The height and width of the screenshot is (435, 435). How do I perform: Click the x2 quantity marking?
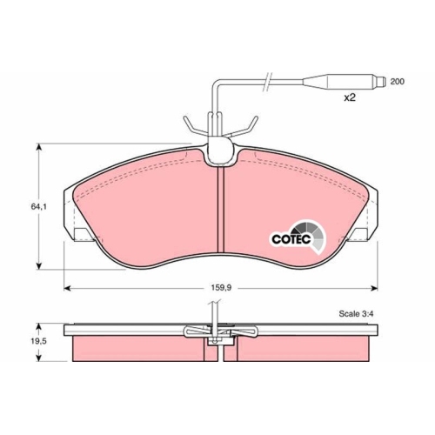351,98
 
